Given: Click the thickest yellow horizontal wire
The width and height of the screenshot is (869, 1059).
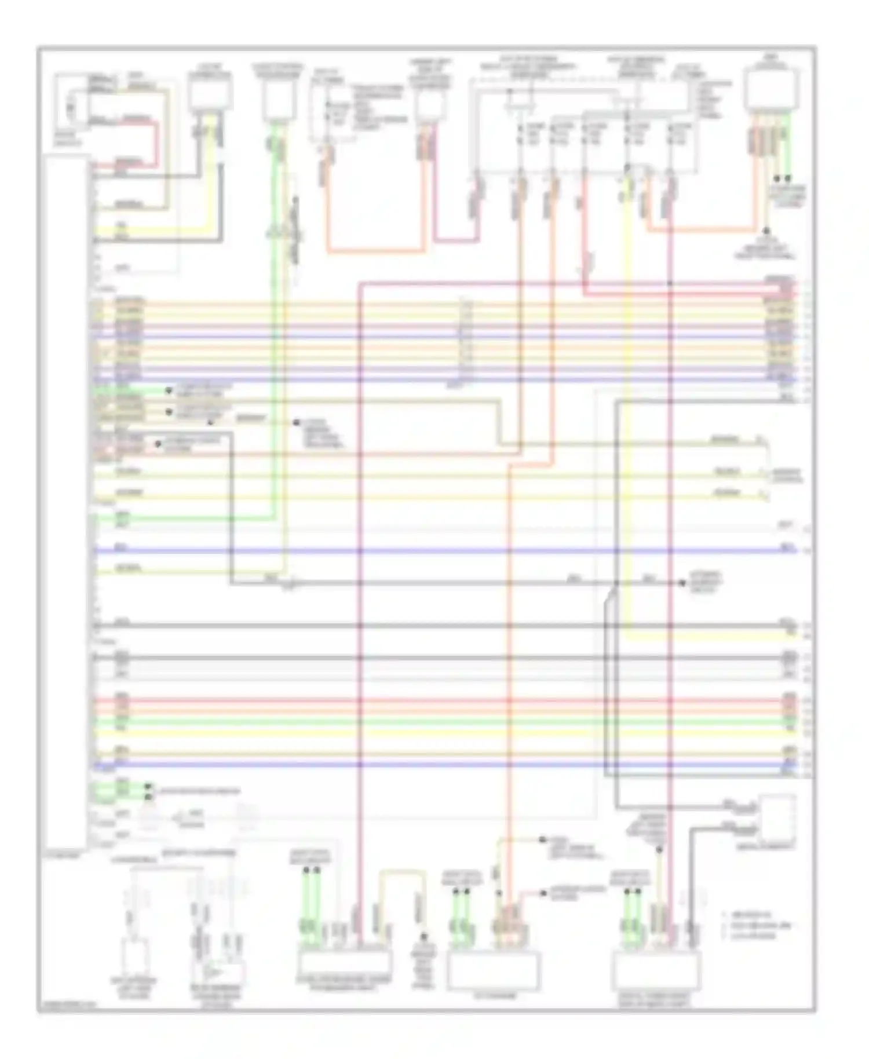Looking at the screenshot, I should coord(440,733).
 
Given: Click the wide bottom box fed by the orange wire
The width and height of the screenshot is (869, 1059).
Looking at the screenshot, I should coord(494,970).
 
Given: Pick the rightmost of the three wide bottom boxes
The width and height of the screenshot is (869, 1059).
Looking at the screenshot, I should coord(655,970).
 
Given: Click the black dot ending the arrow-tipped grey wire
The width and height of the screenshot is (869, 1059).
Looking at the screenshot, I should coord(682,582).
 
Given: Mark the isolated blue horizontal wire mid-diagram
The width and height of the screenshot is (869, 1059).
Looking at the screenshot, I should coord(440,550).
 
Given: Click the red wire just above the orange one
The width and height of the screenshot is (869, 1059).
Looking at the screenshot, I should coord(440,700).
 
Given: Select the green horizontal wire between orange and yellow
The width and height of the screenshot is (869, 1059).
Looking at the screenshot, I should coord(440,722).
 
